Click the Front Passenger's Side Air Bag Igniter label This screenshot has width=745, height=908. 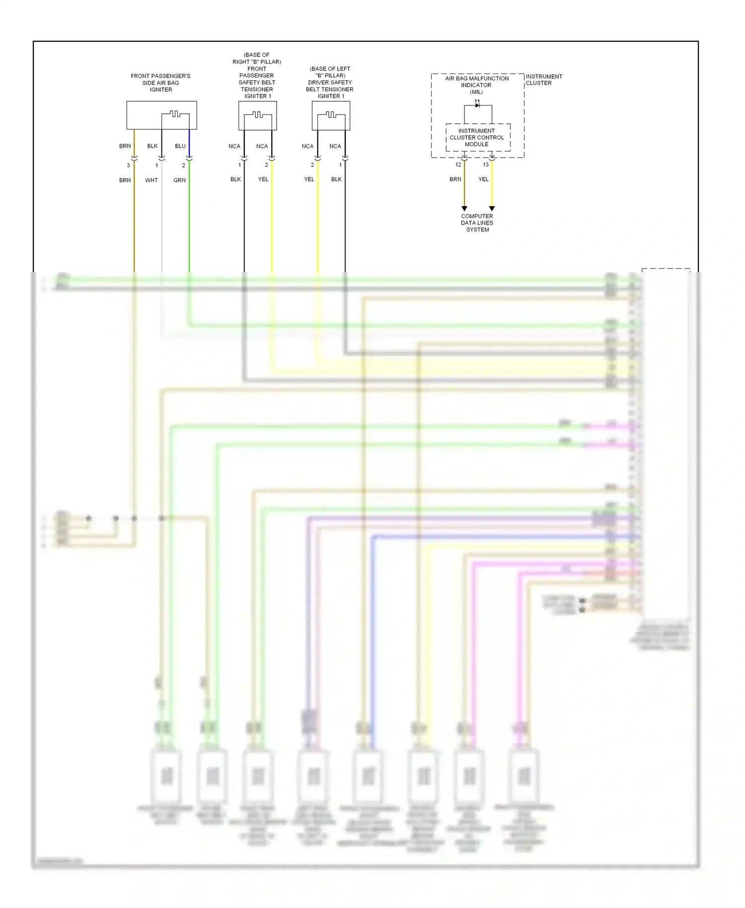160,83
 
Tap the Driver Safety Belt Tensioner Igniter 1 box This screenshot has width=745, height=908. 331,115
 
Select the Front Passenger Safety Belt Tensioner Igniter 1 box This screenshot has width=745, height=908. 257,115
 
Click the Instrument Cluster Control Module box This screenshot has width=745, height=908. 477,138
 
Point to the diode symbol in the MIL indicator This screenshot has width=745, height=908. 477,105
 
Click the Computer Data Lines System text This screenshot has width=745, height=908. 477,223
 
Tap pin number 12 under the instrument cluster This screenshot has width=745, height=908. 458,165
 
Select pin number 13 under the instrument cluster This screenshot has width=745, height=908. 486,165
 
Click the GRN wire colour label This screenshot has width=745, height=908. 179,180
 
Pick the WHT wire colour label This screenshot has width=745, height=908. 151,180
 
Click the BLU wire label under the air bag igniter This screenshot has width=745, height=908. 180,146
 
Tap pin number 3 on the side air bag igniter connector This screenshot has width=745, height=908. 128,165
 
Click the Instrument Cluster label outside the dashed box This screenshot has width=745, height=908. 543,79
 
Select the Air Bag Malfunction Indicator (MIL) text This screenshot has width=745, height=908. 477,85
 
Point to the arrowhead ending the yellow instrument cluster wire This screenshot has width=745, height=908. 492,209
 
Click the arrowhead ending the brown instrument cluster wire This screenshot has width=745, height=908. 464,209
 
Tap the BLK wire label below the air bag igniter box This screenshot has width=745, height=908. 152,146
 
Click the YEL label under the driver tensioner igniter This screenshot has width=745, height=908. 309,179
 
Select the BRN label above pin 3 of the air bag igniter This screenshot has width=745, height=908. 125,146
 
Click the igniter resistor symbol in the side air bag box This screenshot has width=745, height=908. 175,114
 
